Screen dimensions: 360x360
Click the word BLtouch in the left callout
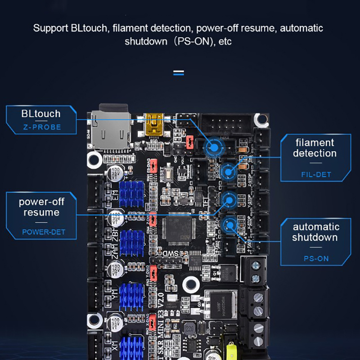point(40,113)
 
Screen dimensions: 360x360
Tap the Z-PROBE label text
point(41,127)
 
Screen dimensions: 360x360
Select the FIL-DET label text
point(315,174)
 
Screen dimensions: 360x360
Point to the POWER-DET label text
point(44,232)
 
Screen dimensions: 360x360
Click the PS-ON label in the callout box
point(315,259)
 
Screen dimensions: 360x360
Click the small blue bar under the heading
point(179,72)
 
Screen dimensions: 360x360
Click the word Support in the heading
point(50,28)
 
